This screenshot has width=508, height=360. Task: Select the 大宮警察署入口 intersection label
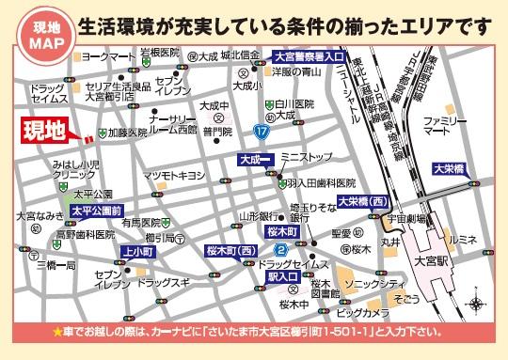point(308,56)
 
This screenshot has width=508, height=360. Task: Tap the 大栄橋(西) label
point(365,201)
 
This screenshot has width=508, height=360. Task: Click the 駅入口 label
point(282,278)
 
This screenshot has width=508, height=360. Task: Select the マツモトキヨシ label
point(173,176)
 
